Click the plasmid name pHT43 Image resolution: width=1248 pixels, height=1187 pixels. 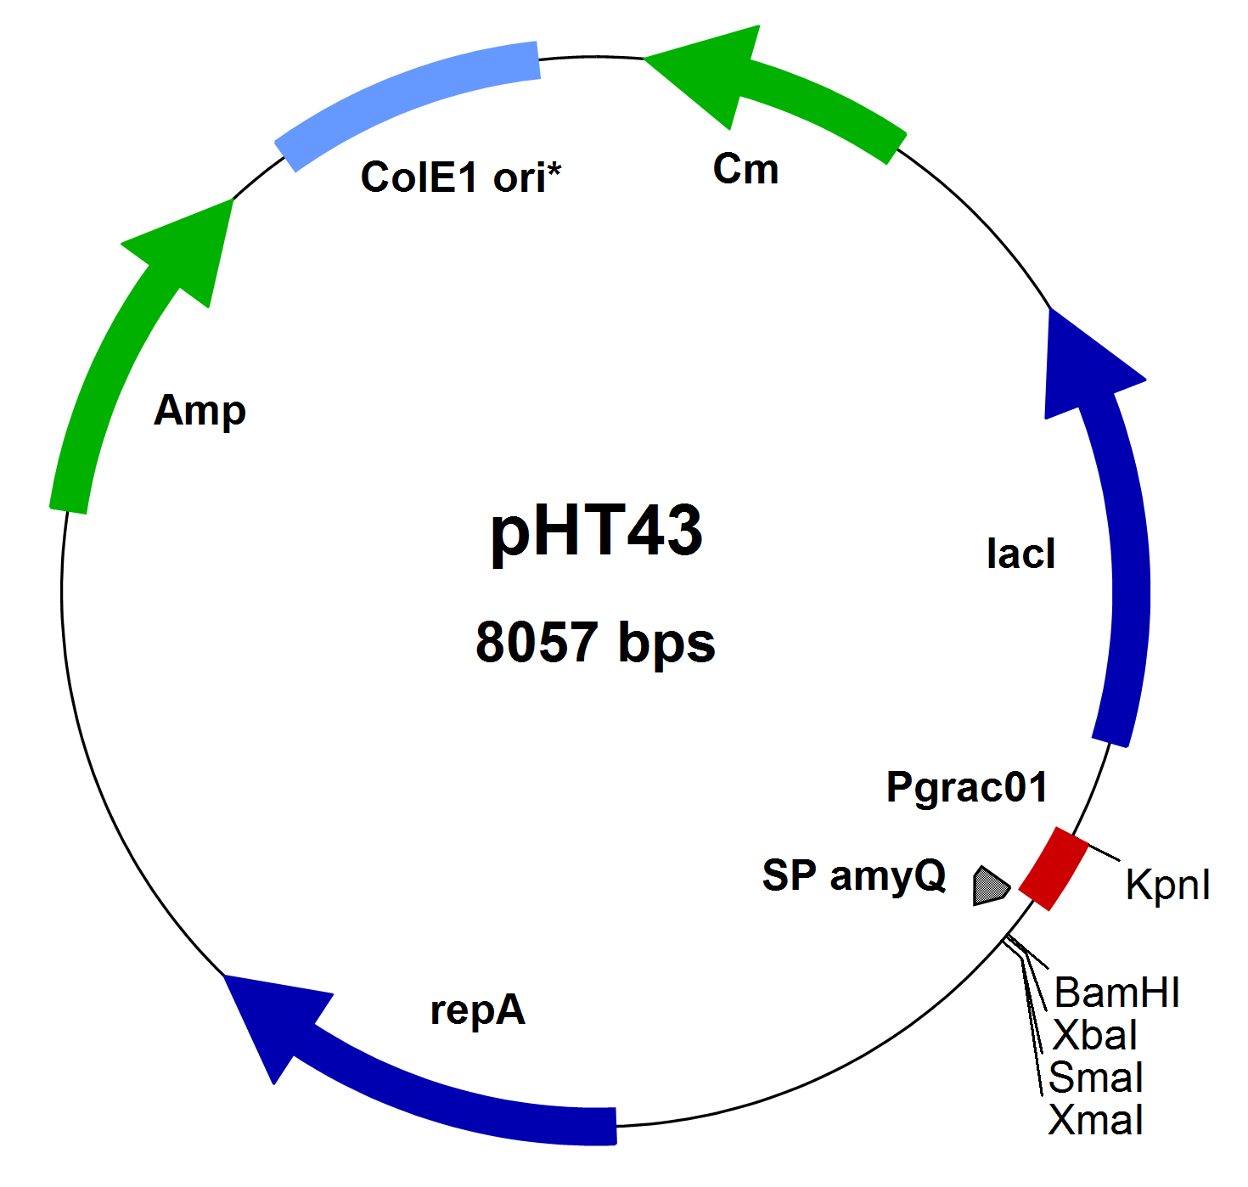596,532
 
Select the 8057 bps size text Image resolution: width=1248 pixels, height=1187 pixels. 595,642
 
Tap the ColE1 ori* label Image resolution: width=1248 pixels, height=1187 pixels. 461,177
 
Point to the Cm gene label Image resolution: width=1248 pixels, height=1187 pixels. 745,169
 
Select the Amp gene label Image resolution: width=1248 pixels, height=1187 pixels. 200,411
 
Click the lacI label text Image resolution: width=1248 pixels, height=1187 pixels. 1020,554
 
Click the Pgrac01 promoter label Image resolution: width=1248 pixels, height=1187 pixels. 966,787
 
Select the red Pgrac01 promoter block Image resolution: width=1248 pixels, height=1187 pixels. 1054,868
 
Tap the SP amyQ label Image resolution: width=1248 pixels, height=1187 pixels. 853,875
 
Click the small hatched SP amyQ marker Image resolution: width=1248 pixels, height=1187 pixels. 989,886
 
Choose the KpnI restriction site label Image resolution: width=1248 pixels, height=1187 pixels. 1167,885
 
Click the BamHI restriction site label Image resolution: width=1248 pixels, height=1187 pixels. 1116,993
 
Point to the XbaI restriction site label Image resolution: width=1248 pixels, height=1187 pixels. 1094,1035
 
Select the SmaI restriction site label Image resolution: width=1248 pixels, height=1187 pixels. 1096,1077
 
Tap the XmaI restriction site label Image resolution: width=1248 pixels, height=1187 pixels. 1096,1120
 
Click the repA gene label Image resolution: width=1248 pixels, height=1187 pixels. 477,1010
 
